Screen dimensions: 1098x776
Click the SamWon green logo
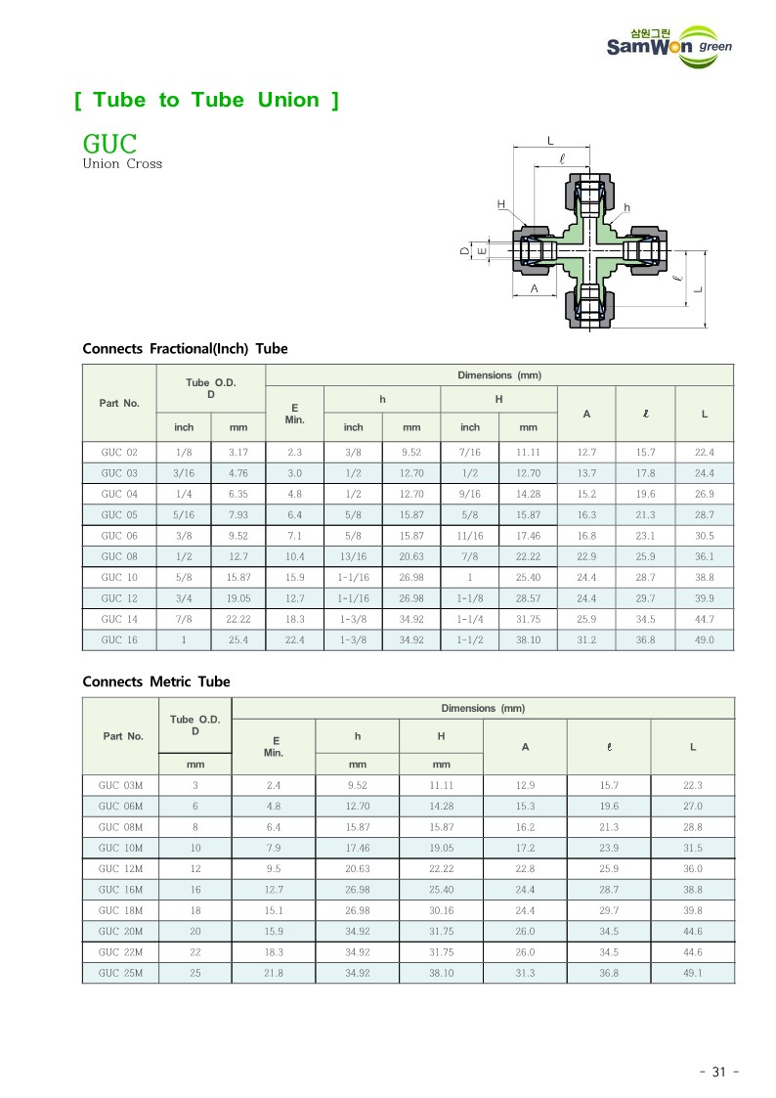668,44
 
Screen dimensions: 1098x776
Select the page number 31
718,1072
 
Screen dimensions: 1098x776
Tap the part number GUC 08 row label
119,556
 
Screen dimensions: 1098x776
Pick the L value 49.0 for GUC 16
704,640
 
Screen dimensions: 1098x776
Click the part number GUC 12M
121,868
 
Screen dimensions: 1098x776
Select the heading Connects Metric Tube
156,681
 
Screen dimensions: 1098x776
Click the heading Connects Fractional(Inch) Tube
185,349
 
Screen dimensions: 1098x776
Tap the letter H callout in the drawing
500,204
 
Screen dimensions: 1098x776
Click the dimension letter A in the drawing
535,289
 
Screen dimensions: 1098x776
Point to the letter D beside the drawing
465,251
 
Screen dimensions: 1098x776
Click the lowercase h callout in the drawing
626,208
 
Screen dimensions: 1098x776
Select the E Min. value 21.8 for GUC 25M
274,973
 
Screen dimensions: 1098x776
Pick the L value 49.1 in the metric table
692,973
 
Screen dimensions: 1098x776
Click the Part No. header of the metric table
123,736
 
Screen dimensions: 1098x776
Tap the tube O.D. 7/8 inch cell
184,619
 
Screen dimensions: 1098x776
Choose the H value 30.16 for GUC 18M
441,910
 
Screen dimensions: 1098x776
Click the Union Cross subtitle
122,164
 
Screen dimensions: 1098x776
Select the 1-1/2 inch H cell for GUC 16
470,640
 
